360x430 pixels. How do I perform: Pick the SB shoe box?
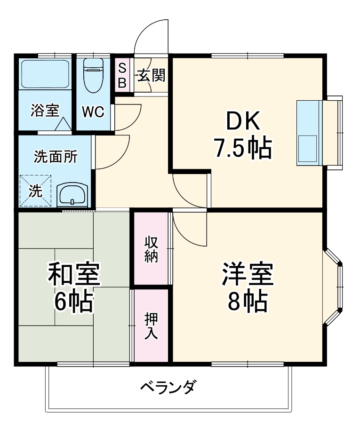(x=122, y=76)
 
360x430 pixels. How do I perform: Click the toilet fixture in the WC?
(x=93, y=75)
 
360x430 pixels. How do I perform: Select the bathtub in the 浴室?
(x=45, y=74)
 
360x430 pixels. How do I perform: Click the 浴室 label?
(x=44, y=111)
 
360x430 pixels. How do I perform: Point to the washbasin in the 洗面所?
(x=72, y=194)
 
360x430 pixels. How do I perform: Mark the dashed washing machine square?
(x=35, y=191)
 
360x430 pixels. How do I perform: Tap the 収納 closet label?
(x=151, y=249)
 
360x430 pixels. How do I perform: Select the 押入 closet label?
(x=151, y=326)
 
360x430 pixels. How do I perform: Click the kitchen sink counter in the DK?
(x=308, y=133)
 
